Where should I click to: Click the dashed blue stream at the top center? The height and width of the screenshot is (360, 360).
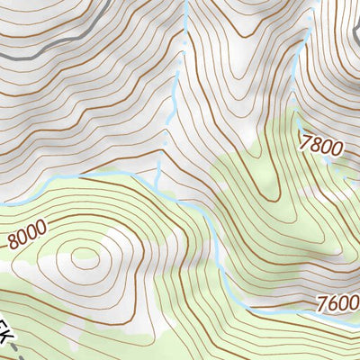pyautogui.click(x=184, y=45)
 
